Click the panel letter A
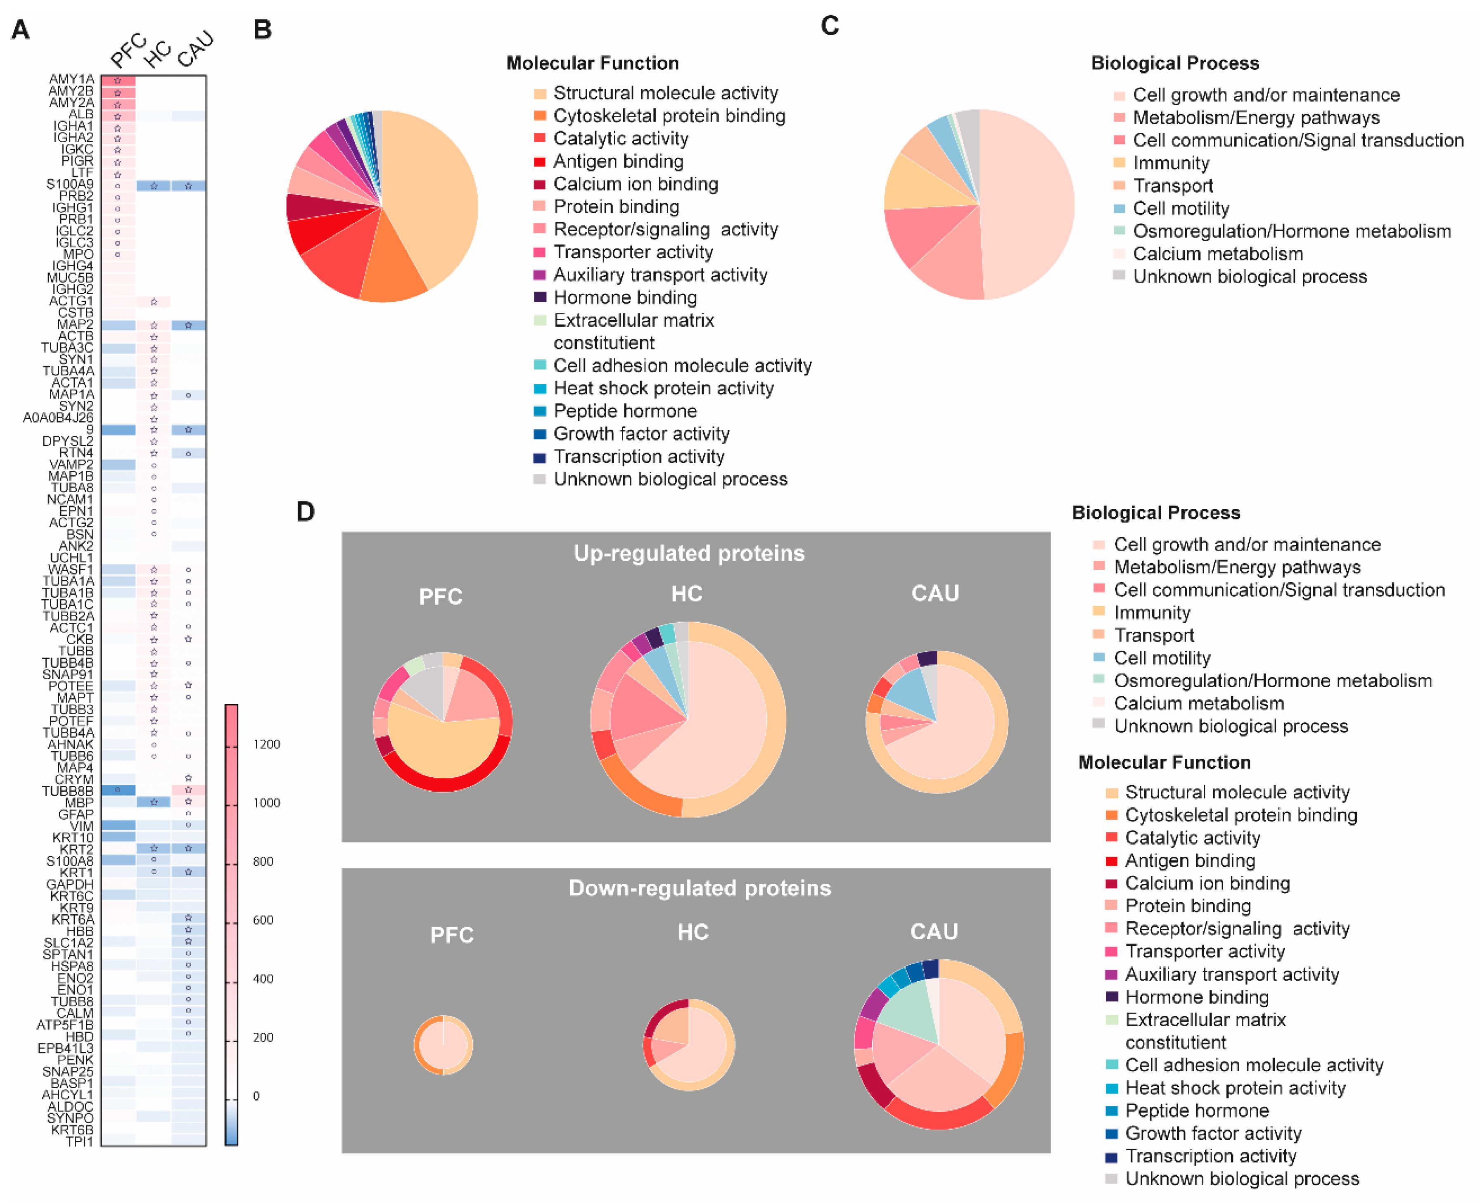(21, 30)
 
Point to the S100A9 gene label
(69, 184)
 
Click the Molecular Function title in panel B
(593, 63)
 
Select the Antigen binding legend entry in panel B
(618, 161)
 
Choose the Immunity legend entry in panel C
(1171, 163)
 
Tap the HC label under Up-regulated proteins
(687, 593)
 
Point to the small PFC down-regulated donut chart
(444, 1044)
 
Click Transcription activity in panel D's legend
(1210, 1156)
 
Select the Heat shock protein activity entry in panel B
(663, 388)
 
